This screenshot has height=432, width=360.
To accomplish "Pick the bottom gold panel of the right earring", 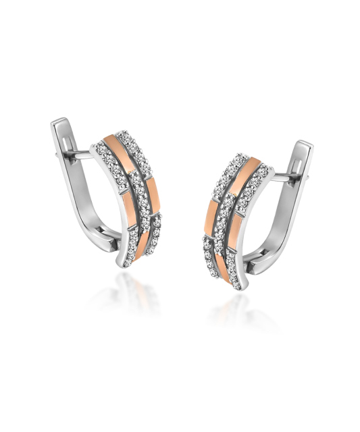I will tap(217, 253).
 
